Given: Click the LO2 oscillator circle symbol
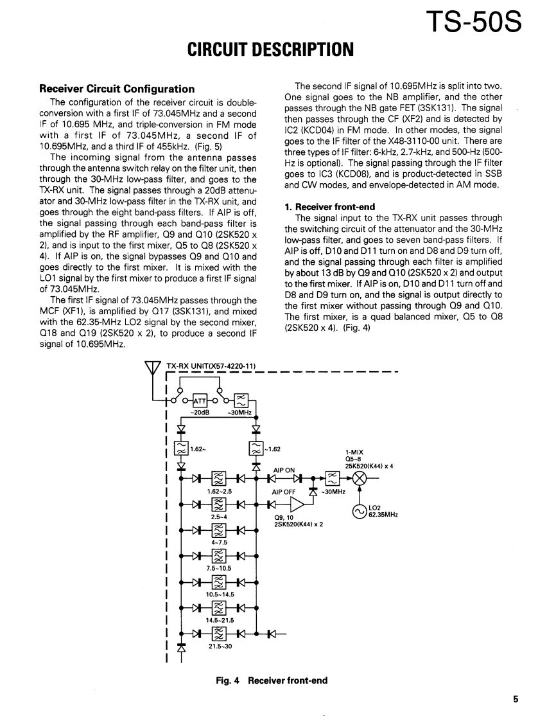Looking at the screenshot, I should pos(361,512).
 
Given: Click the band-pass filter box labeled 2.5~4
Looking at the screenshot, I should pos(219,504).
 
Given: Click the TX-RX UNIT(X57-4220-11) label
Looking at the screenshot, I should pos(211,366).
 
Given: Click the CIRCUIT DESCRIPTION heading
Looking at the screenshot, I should pos(270,49).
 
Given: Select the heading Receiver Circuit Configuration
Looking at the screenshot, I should pos(117,89).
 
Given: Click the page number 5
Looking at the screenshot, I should pos(516,700).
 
